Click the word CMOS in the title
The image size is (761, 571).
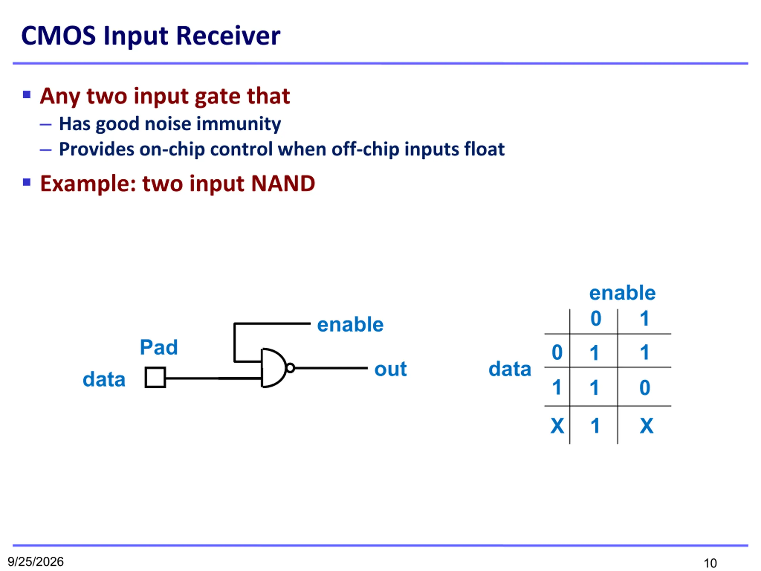59,35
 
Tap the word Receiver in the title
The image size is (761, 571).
228,35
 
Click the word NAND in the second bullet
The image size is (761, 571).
283,183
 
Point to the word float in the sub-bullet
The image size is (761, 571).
485,149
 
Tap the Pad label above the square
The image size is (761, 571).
159,347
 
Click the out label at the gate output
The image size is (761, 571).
391,369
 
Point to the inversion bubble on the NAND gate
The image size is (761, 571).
290,368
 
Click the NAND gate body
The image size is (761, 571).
273,368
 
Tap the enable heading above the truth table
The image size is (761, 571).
622,293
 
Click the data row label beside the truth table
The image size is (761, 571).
510,369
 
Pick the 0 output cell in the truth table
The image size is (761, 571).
645,388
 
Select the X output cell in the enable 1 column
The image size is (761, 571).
647,426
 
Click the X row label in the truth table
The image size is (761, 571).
557,426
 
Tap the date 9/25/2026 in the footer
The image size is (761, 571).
36,561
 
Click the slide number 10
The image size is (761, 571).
710,563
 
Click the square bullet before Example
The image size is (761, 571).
26,182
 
